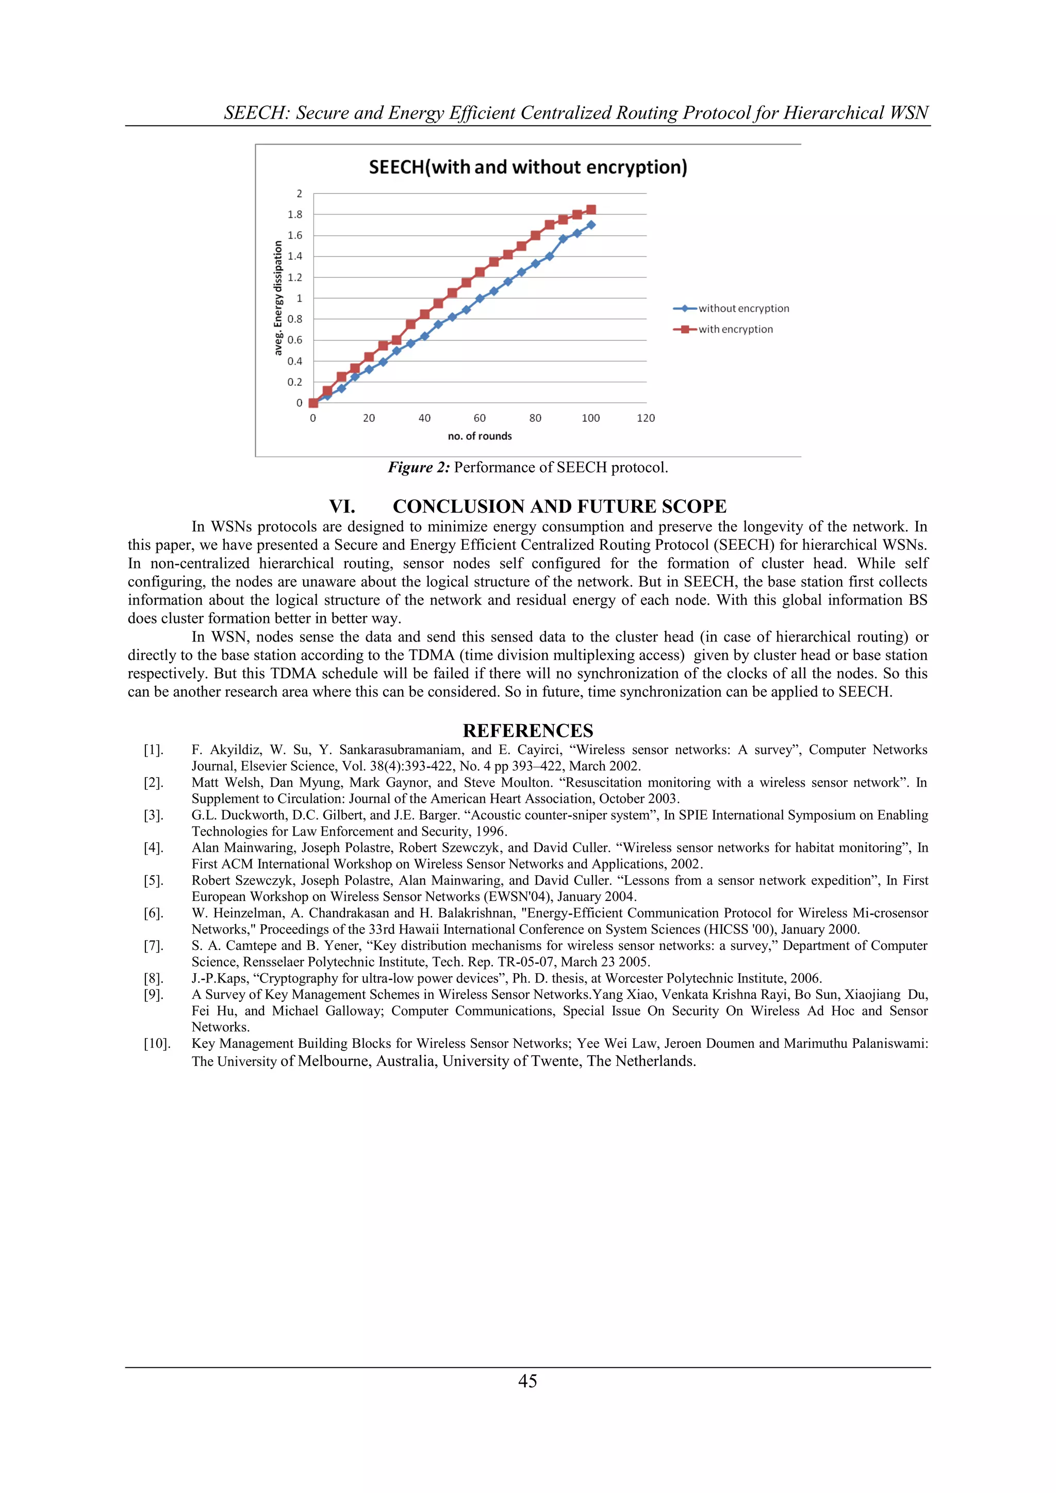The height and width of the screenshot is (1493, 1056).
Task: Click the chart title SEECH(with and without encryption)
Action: point(527,167)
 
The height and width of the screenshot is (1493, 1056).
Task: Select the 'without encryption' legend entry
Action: point(743,308)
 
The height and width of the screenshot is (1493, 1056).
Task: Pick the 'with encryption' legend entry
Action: point(735,329)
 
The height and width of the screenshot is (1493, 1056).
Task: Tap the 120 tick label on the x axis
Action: point(646,418)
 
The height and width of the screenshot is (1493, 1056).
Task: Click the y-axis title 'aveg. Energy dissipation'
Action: point(278,298)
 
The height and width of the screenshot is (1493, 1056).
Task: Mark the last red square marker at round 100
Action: point(591,209)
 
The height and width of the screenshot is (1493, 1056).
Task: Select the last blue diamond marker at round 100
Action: point(591,225)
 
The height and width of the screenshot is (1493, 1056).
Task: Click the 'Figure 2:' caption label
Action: point(419,468)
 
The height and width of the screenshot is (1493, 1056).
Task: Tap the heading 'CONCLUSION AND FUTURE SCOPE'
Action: point(559,506)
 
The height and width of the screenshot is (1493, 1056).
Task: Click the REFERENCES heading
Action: point(527,730)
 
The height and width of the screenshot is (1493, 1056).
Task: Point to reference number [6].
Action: point(154,913)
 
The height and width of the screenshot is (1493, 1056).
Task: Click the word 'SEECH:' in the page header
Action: point(257,113)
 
